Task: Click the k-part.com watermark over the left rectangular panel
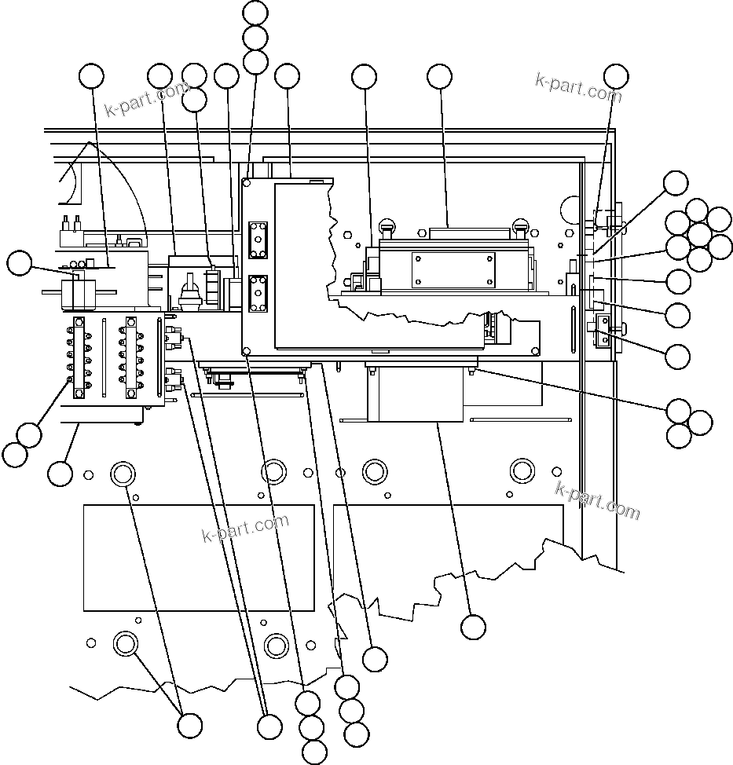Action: tap(245, 528)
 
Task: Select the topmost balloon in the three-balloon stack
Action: tap(255, 13)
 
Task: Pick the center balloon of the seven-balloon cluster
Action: tap(698, 235)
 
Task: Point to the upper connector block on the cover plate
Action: tap(258, 239)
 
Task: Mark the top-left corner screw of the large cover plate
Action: tap(247, 182)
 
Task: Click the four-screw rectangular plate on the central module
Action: tap(453, 269)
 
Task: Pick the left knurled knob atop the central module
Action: tap(386, 228)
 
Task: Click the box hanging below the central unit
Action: tap(414, 394)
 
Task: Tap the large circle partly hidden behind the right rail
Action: tap(570, 210)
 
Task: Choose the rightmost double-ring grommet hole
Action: tap(522, 470)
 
